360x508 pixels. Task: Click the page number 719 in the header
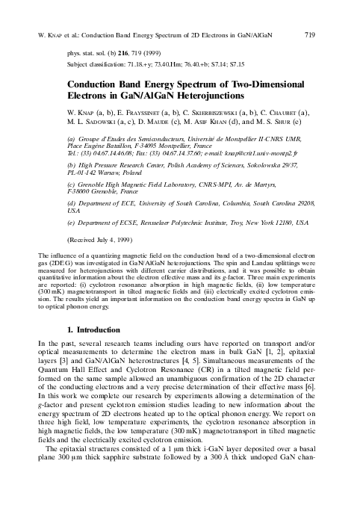pyautogui.click(x=311, y=14)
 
